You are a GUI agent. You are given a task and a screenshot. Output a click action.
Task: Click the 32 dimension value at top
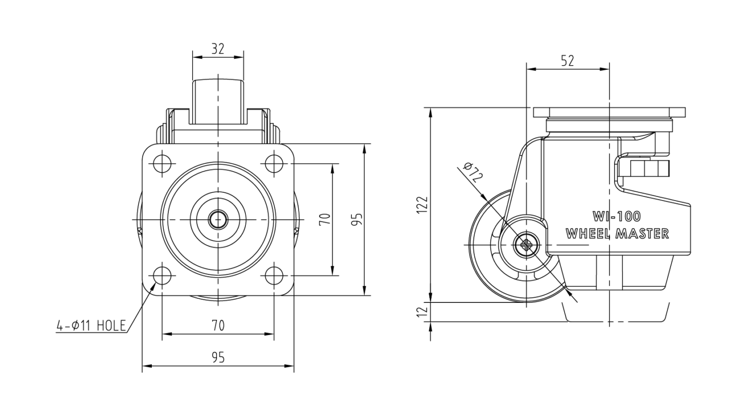pyautogui.click(x=217, y=49)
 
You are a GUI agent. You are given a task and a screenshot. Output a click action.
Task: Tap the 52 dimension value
pyautogui.click(x=568, y=60)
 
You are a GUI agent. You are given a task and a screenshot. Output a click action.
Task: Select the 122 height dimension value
pyautogui.click(x=423, y=205)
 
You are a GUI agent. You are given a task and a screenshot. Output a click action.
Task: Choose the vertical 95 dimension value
pyautogui.click(x=357, y=219)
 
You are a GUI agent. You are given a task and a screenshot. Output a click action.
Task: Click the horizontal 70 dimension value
pyautogui.click(x=218, y=325)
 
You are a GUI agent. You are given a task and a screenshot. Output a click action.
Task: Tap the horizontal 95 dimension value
pyautogui.click(x=218, y=358)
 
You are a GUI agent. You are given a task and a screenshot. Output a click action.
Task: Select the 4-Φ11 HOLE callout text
pyautogui.click(x=91, y=325)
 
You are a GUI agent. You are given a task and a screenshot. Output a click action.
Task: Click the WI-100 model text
pyautogui.click(x=617, y=217)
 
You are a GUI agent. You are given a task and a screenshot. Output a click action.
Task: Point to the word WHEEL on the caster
pyautogui.click(x=590, y=234)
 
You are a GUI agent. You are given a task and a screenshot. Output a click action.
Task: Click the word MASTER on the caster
pyautogui.click(x=643, y=234)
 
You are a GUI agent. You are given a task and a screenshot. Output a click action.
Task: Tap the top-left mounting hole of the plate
pyautogui.click(x=162, y=164)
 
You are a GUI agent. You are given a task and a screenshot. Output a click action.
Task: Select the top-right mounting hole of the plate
pyautogui.click(x=274, y=164)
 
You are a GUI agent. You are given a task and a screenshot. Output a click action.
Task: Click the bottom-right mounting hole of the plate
pyautogui.click(x=274, y=276)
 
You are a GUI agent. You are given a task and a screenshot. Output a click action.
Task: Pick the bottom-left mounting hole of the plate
pyautogui.click(x=162, y=276)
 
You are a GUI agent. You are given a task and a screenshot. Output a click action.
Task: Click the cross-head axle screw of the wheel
pyautogui.click(x=527, y=245)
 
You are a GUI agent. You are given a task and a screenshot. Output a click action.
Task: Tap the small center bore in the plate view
pyautogui.click(x=218, y=220)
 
